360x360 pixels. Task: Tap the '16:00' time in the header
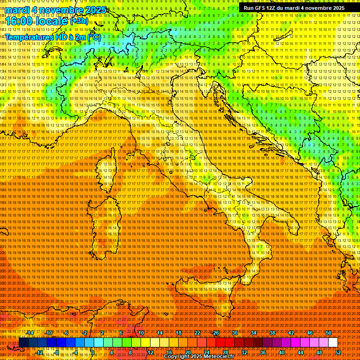coord(18,21)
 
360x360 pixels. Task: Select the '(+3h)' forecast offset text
coord(78,21)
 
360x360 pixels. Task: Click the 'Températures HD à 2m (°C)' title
coord(52,37)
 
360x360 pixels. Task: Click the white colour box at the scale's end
coord(333,343)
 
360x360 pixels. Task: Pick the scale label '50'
coord(329,332)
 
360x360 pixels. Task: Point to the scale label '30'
coord(234,332)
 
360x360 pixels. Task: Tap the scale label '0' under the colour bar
coord(93,352)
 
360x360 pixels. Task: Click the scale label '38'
coord(272,332)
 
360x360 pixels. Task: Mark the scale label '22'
coord(197,332)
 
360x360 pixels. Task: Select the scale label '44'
coord(300,352)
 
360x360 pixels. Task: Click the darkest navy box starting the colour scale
coord(23,343)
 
